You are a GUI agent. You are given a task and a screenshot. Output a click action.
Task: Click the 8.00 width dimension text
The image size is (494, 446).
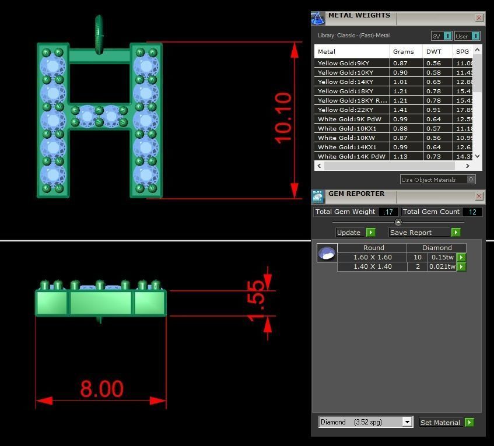pos(101,389)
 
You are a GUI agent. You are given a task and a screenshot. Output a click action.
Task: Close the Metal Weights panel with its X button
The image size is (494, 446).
pos(479,18)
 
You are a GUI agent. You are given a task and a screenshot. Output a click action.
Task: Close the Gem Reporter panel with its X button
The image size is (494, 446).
pos(479,196)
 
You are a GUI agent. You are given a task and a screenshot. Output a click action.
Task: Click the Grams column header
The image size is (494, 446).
pos(404,51)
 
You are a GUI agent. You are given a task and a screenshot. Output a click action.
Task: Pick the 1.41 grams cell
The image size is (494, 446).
pos(400,110)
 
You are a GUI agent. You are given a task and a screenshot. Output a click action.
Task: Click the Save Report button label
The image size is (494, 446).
pos(411,233)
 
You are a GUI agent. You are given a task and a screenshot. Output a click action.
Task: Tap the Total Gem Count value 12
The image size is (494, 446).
pos(471,212)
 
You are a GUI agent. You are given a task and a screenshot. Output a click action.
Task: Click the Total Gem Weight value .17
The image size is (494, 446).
pos(388,212)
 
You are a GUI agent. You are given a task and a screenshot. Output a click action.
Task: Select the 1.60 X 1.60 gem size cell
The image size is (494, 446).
pos(373,257)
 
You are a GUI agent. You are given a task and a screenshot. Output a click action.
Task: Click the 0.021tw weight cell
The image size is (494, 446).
pos(442,266)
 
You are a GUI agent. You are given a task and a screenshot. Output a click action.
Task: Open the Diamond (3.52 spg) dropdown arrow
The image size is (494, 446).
pos(407,422)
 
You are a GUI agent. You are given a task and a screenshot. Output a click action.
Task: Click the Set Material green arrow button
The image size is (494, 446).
pos(470,422)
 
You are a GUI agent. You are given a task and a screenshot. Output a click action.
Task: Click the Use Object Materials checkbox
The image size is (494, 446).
pos(471,180)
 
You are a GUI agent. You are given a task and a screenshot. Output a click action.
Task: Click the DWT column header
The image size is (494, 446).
pos(434,51)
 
